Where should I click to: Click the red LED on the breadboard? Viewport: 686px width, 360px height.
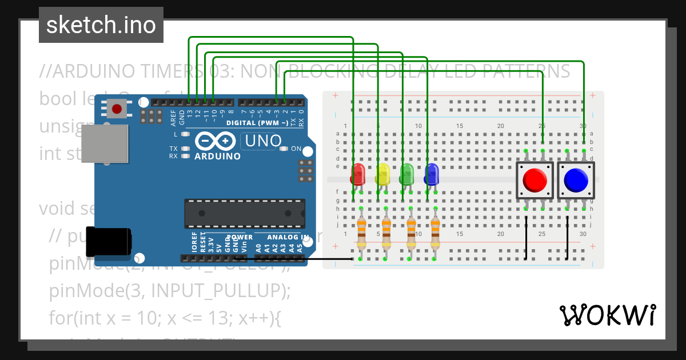(358, 174)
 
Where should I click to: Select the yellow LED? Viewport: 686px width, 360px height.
(382, 174)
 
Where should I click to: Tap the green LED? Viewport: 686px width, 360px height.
(407, 174)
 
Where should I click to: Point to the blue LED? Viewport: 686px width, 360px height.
(432, 174)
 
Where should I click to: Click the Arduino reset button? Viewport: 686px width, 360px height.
(118, 108)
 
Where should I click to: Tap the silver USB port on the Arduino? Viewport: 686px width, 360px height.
(105, 143)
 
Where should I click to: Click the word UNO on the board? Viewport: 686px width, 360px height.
(263, 141)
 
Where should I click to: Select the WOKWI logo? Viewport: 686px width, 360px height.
(607, 315)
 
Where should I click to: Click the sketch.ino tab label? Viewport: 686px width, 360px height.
(101, 25)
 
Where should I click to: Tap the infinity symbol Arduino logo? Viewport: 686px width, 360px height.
(215, 141)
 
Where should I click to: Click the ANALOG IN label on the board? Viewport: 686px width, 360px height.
(289, 237)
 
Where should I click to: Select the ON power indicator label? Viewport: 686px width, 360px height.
(296, 149)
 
